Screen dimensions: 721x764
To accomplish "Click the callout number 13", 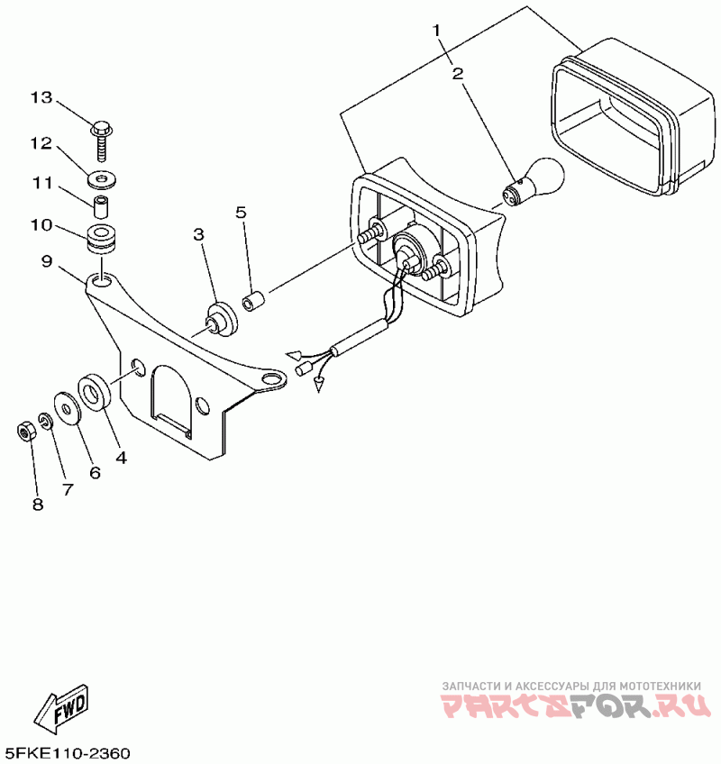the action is point(41,97).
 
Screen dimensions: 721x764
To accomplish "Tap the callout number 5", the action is point(241,213).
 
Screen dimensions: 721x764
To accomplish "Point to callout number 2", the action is point(458,73).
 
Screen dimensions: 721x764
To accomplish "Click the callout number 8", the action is point(38,505).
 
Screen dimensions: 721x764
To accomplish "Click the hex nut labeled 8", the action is point(27,431).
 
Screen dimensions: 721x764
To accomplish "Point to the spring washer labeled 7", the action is point(46,423).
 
